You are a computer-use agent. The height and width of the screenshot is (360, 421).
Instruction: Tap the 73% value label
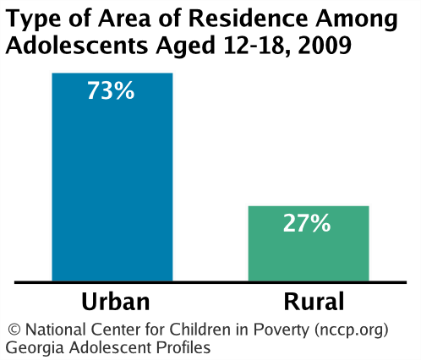pyautogui.click(x=112, y=90)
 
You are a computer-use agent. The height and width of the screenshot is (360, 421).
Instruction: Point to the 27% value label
pyautogui.click(x=307, y=223)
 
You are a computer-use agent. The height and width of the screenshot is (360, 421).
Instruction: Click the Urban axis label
pyautogui.click(x=116, y=302)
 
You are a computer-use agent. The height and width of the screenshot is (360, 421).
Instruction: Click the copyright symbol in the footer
pyautogui.click(x=13, y=329)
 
